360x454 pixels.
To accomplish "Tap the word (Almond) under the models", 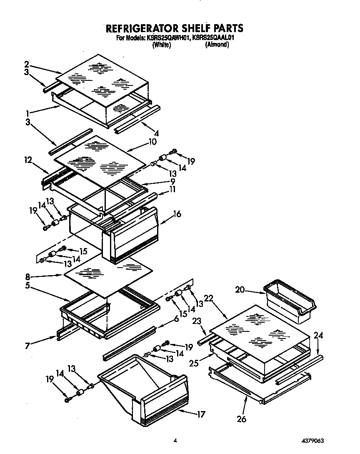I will [x=217, y=45].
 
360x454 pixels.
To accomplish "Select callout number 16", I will [x=177, y=214].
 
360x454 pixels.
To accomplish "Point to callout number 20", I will [x=240, y=290].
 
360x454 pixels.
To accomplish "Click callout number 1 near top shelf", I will [x=27, y=113].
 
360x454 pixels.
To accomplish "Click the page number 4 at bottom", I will [x=176, y=440].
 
